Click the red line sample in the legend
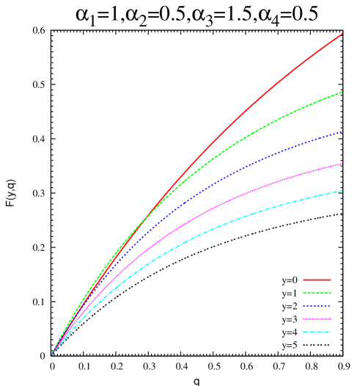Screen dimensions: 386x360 [317, 280]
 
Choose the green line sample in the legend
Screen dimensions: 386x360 [317, 293]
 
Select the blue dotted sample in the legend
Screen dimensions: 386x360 [317, 306]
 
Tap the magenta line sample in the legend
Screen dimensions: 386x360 [317, 319]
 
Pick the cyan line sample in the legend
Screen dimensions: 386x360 [317, 332]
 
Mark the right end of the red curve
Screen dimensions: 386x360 [342, 34]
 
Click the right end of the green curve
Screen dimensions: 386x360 [342, 92]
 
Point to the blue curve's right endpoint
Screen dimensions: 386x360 [342, 132]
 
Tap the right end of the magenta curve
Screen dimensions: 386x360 [342, 164]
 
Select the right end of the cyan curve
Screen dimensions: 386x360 [342, 191]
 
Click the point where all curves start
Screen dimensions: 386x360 [52, 354]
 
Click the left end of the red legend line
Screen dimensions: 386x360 [304, 280]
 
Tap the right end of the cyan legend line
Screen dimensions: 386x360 [331, 332]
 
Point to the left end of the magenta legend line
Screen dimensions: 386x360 [304, 319]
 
